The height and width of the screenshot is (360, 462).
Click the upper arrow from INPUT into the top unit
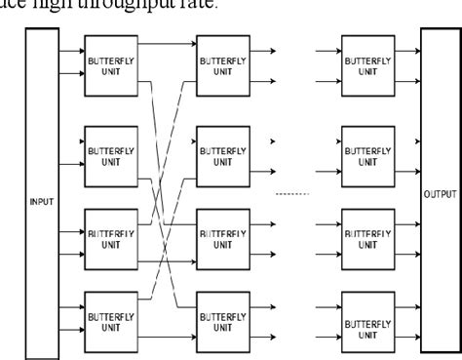(71, 46)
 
